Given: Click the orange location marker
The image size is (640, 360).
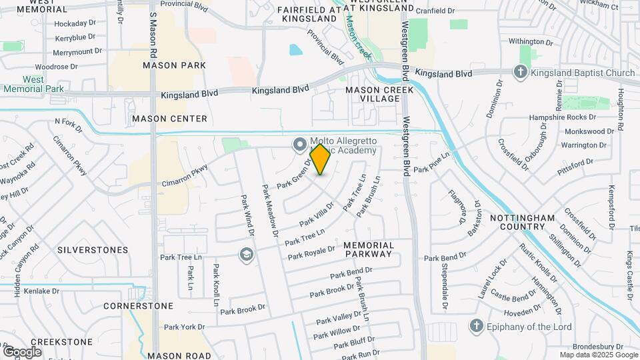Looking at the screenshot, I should coord(321,159).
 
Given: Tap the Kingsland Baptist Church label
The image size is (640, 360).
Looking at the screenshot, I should coord(583,73).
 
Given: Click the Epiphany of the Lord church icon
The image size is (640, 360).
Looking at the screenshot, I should coord(476,325).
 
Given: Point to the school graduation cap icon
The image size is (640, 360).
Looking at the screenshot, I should coord(247,254).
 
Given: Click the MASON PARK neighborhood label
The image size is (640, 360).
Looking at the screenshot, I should coord(174,65).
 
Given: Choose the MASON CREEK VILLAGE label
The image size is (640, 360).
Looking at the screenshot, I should coord(373,94).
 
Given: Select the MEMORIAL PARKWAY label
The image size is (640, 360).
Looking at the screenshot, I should coord(368,250).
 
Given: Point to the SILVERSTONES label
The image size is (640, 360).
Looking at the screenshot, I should coord(93,250).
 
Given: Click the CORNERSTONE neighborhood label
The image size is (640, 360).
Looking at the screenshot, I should coord(138,306).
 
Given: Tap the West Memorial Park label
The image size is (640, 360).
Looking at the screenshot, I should coord(33,84).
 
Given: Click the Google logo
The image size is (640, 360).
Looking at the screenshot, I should coord(22,351).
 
